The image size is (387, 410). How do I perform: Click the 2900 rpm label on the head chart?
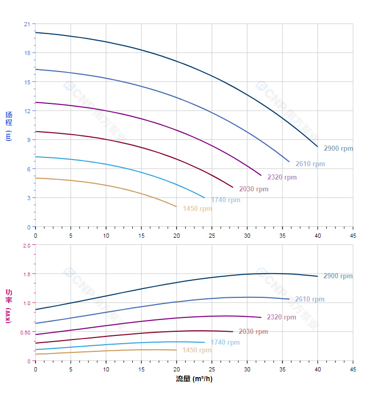click(x=338, y=149)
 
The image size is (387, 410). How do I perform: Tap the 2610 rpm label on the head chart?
click(x=310, y=164)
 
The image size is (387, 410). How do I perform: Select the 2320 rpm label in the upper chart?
click(x=282, y=177)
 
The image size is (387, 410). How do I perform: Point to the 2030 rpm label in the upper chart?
click(x=253, y=189)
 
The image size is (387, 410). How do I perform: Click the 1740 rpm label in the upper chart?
click(x=225, y=200)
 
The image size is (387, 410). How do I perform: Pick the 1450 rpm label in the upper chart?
click(x=197, y=209)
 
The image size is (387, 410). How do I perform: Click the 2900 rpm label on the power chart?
click(x=338, y=276)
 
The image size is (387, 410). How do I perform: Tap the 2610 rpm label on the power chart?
click(x=309, y=299)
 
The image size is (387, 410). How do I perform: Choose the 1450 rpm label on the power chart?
click(x=197, y=350)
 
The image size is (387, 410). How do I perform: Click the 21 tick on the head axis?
click(x=27, y=24)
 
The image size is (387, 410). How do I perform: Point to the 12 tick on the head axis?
click(x=27, y=111)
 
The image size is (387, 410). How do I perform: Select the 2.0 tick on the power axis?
click(x=27, y=245)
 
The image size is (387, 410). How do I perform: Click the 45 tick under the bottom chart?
click(x=353, y=369)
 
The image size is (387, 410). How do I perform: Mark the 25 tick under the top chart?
click(x=212, y=235)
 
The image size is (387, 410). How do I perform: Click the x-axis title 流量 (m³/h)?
click(x=194, y=379)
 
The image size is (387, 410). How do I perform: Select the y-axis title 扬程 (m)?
click(x=8, y=126)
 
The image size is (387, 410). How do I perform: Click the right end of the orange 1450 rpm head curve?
click(x=177, y=207)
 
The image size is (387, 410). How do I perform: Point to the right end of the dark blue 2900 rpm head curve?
click(x=318, y=147)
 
